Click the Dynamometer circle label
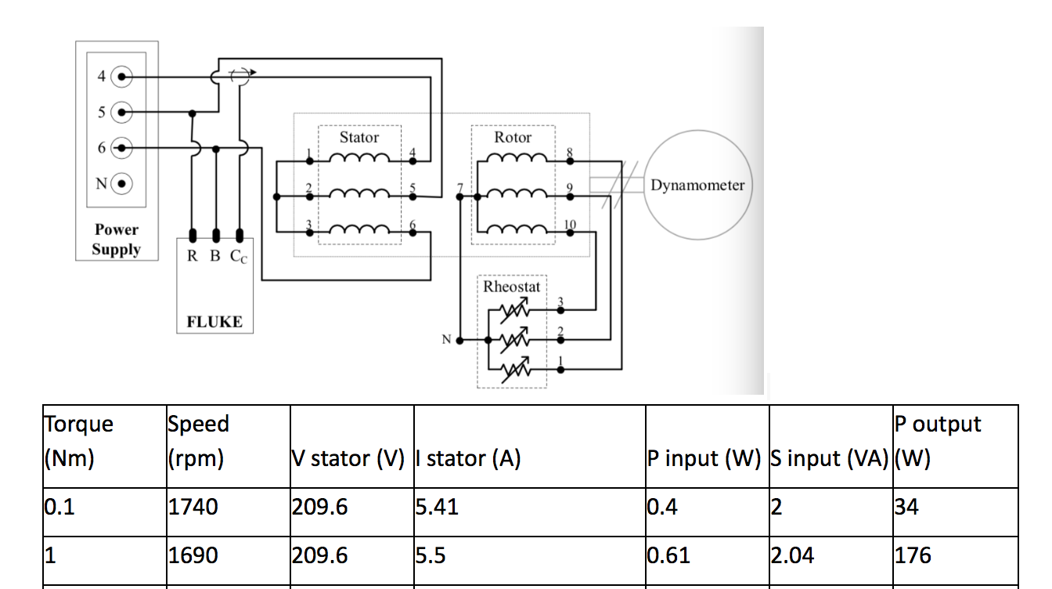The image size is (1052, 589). click(x=697, y=186)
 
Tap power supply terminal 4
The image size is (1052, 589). click(x=122, y=77)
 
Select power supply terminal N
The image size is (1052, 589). click(x=122, y=185)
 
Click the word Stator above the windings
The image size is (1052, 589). click(x=359, y=138)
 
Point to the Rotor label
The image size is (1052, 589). click(x=513, y=138)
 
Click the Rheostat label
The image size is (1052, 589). click(x=511, y=287)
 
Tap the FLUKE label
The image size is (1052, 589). click(x=214, y=321)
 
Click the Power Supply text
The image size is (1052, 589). click(x=116, y=240)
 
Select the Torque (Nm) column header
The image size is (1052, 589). click(x=78, y=440)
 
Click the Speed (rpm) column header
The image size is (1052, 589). click(x=198, y=440)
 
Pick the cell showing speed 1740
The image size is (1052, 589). click(x=193, y=508)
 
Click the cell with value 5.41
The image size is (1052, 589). click(x=436, y=508)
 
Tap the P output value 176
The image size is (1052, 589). click(x=913, y=555)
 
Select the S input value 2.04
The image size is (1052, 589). click(x=793, y=555)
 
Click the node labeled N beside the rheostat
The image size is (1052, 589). click(x=459, y=341)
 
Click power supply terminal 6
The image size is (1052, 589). click(x=122, y=148)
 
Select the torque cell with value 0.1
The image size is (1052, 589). click(x=59, y=508)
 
